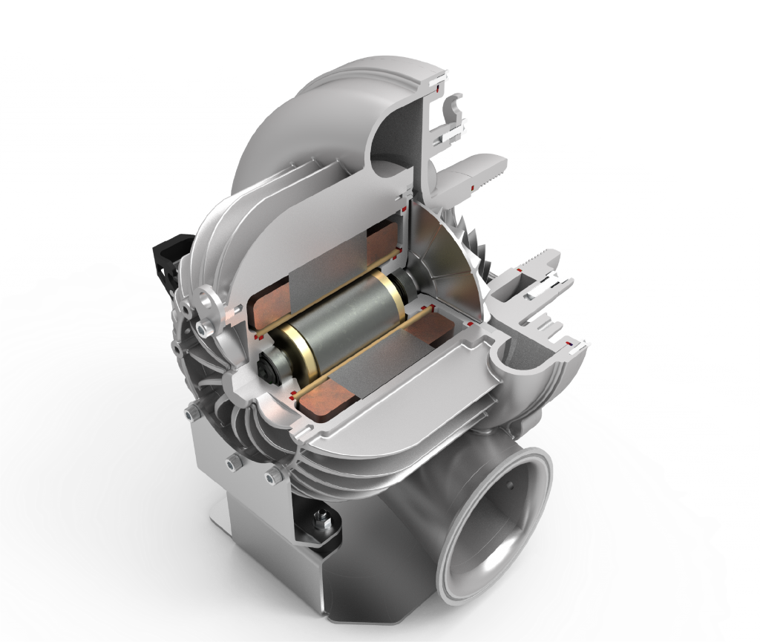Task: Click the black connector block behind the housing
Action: (x=167, y=259)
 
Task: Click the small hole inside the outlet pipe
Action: (x=511, y=485)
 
